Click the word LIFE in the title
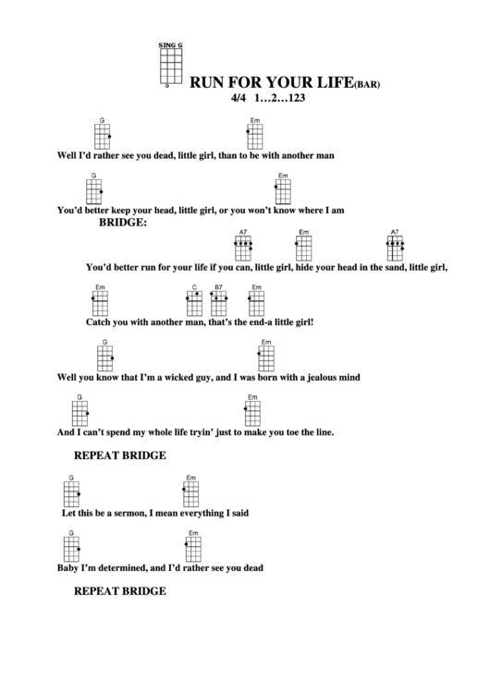click(x=331, y=81)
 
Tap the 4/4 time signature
click(x=242, y=96)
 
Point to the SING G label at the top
click(x=171, y=44)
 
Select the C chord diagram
click(x=194, y=303)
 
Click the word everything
click(x=205, y=512)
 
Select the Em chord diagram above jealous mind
click(x=266, y=356)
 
